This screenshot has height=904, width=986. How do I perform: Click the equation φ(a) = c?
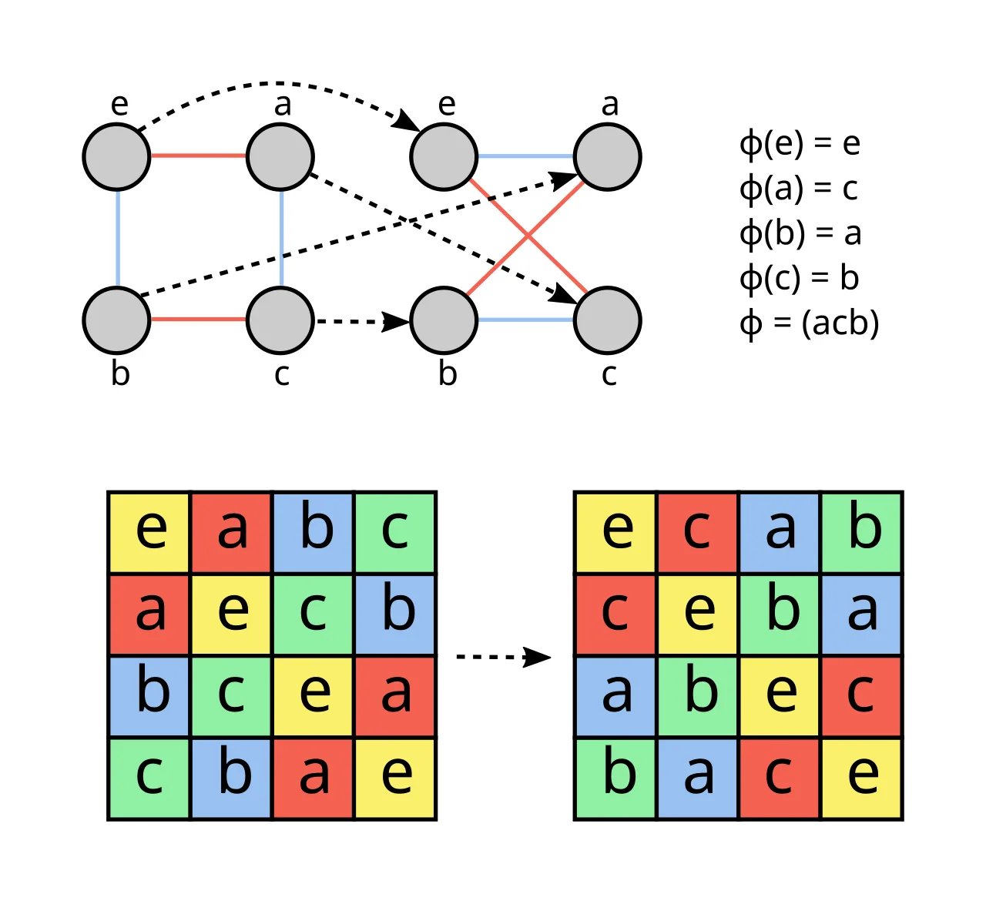799,189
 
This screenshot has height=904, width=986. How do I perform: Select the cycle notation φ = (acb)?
809,324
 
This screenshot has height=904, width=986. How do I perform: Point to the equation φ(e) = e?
800,144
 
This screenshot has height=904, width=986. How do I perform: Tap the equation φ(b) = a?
800,233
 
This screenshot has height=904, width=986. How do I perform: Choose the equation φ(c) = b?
800,279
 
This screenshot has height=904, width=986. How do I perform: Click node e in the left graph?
116,157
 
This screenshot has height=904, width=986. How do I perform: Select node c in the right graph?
608,320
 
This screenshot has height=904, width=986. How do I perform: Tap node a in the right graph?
608,157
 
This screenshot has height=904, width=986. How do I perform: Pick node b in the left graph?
116,320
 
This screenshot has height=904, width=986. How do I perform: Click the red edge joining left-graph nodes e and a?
198,156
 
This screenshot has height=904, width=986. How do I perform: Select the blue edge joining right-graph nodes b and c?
525,320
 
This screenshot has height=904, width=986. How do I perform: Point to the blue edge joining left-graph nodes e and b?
118,239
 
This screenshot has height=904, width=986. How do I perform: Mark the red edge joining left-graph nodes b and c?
198,320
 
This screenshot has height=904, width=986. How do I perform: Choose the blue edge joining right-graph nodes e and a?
525,156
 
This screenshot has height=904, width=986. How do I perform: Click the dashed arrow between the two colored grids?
503,657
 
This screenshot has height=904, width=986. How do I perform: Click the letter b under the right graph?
448,373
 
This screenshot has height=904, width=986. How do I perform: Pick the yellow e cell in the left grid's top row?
149,532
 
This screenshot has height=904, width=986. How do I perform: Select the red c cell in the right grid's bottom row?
780,778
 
